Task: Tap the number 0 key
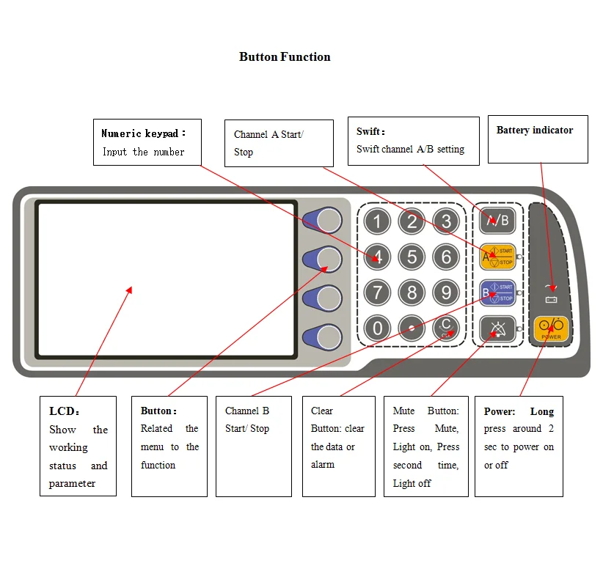coord(377,328)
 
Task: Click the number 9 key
coord(446,293)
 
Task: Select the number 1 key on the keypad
coord(377,221)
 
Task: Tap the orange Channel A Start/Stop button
coord(497,256)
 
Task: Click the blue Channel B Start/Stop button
coord(497,293)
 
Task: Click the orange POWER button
coord(551,328)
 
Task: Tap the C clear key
coord(446,328)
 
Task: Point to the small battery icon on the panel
coord(552,299)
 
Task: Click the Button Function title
coord(285,57)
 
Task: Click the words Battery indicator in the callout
coord(535,131)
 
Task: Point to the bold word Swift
coord(369,132)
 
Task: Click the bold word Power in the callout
coord(500,411)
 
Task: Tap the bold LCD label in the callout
coord(62,411)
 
